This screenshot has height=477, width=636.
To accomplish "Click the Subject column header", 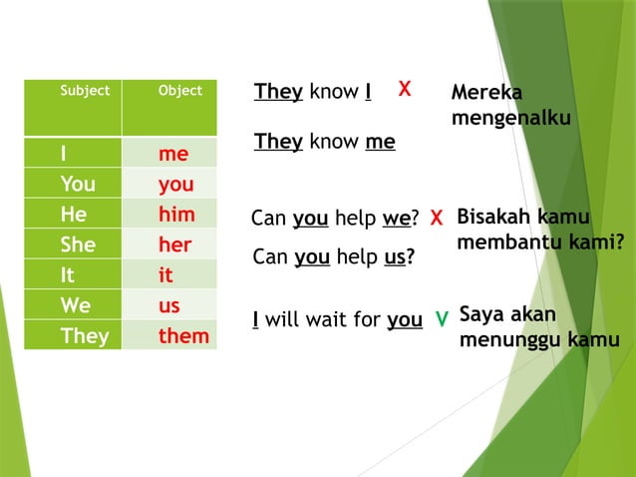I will coord(85,91).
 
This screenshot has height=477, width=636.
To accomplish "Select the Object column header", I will coord(179,91).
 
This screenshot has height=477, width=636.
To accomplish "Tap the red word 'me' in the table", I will coord(173,155).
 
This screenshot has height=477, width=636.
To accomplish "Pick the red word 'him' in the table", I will coord(176,215).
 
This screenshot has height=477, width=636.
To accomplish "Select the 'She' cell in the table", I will coord(77,245).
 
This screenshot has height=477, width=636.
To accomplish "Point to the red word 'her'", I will coord(175,245).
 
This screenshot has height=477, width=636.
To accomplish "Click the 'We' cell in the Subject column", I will coord(75,305).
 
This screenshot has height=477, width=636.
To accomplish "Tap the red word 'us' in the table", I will coord(169,305).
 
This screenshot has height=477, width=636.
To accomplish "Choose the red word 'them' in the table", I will coord(183,336).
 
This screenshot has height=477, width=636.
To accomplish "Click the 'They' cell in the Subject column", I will coord(85,336).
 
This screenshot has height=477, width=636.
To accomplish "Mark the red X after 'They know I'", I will coord(405,90).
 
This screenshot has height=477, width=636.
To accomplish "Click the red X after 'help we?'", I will coord(437,219).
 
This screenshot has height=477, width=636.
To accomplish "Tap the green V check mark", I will coord(442,319).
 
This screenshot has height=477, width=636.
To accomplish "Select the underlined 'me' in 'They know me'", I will coord(380,142).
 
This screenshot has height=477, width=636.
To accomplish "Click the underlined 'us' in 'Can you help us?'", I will coord(396,257).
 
